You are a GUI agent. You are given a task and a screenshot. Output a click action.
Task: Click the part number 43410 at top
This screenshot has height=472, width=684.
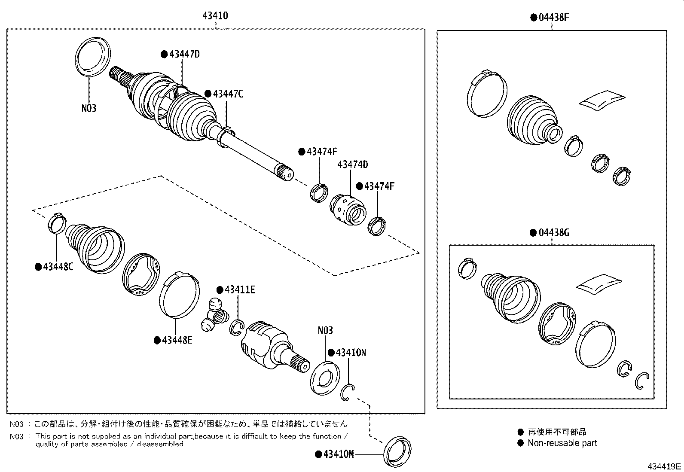(x=215, y=16)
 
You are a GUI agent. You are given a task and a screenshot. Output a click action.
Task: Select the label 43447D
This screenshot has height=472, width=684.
(x=184, y=55)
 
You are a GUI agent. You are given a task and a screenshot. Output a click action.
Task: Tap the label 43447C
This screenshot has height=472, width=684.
(x=228, y=94)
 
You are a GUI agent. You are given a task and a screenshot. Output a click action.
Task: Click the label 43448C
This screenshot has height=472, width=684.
(x=58, y=267)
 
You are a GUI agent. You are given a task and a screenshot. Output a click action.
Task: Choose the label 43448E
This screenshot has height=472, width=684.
(x=177, y=340)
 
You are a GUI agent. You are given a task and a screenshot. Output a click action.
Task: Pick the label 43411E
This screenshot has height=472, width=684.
(x=239, y=290)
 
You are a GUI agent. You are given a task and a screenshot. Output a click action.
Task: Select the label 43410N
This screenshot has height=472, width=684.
(x=351, y=353)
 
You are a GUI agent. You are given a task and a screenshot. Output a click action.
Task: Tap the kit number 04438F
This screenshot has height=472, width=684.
(x=553, y=18)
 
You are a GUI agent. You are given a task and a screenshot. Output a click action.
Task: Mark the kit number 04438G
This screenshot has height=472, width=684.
(x=553, y=233)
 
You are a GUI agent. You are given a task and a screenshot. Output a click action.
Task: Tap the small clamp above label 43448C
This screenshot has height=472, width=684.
(x=56, y=223)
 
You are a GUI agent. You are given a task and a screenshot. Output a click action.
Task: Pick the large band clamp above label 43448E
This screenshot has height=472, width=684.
(x=179, y=295)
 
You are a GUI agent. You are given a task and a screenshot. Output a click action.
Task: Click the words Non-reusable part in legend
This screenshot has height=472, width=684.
(x=562, y=443)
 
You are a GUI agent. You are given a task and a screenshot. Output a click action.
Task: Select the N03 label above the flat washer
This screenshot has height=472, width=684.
(x=325, y=331)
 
